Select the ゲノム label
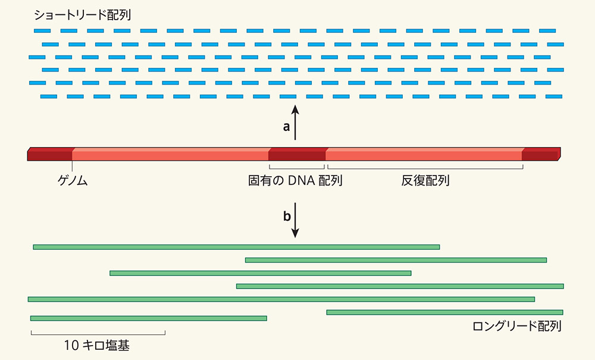(73, 180)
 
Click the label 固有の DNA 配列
(295, 180)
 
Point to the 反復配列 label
(425, 180)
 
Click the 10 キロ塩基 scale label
(96, 345)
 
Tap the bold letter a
(286, 127)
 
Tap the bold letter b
(287, 217)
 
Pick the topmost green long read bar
(236, 246)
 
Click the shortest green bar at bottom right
(444, 312)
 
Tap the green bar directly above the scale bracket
(148, 318)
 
